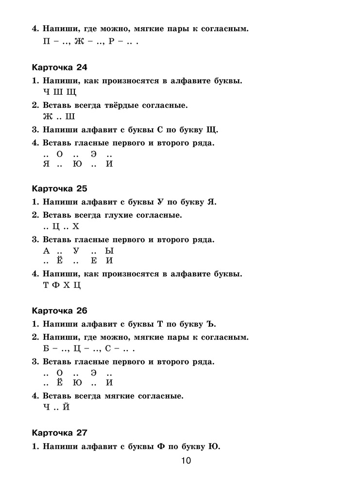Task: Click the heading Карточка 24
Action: coord(59,67)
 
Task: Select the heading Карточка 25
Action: coord(59,188)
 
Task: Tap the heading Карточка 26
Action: coord(59,310)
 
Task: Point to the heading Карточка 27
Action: coord(59,432)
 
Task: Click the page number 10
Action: coord(187,461)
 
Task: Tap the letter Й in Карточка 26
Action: coord(67,407)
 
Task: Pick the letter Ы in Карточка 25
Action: coord(109,251)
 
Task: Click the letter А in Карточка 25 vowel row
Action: coord(47,251)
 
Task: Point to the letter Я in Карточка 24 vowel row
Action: coord(47,164)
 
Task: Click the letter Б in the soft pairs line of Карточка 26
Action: coord(47,349)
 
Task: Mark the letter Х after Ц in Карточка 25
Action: coord(75,226)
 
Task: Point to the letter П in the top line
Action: coord(47,42)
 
